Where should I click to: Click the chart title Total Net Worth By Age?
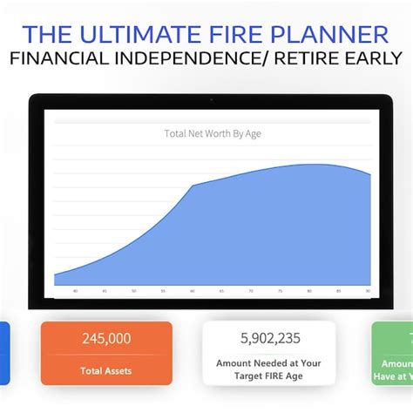[213, 133]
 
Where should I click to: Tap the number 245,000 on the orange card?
[106, 339]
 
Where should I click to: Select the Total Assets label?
[106, 370]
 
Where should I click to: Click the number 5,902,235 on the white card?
[269, 338]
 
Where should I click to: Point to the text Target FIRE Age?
[269, 377]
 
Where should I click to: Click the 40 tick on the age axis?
[75, 291]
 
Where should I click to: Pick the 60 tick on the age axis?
[193, 291]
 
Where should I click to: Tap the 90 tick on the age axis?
[369, 291]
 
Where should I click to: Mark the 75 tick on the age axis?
[281, 291]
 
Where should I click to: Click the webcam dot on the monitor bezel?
[212, 100]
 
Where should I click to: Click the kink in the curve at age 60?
[193, 185]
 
